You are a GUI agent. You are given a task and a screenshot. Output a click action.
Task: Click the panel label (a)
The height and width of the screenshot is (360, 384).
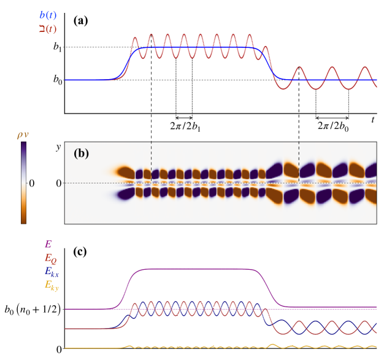80,20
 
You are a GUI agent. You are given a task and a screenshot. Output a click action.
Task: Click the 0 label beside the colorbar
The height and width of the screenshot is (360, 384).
32,183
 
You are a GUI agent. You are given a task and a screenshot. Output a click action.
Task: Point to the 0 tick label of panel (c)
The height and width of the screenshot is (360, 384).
60,349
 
